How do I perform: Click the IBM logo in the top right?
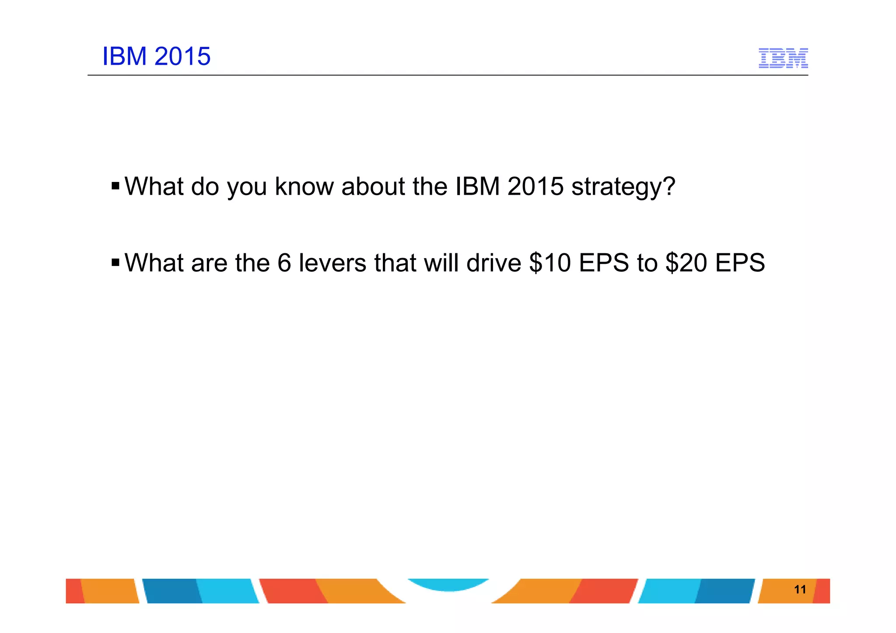783,58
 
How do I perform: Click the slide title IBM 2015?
156,56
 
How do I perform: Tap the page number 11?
800,589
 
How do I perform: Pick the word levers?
332,263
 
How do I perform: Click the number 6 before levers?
284,263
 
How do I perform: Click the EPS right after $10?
604,263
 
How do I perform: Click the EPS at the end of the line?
740,263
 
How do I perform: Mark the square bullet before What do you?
115,186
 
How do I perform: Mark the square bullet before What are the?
115,262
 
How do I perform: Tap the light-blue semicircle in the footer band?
448,584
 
